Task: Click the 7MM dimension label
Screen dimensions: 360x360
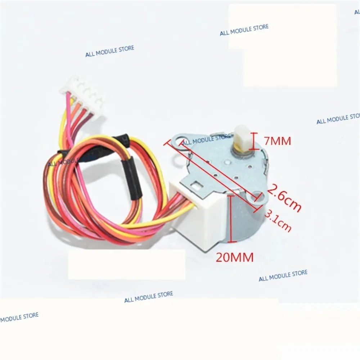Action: click(x=277, y=141)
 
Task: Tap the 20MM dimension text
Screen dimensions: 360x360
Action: click(x=235, y=257)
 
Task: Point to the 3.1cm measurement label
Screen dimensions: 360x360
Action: click(x=278, y=220)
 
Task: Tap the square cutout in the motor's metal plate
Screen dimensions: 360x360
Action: click(x=197, y=185)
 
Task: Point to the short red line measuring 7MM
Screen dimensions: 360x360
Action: click(x=255, y=141)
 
